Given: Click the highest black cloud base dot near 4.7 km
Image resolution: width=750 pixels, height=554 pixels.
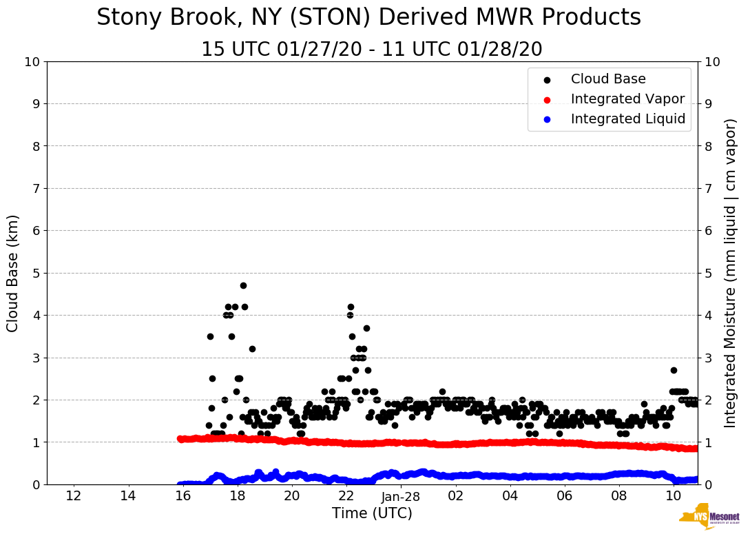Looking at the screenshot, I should tap(243, 285).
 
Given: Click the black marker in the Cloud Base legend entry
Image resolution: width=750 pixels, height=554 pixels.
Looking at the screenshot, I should tap(547, 80).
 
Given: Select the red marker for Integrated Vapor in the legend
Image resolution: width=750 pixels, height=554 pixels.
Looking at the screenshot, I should tap(547, 99).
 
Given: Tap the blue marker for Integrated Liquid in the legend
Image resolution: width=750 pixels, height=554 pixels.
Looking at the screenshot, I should tap(547, 119).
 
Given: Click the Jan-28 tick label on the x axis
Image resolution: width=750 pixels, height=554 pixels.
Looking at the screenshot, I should tap(401, 496).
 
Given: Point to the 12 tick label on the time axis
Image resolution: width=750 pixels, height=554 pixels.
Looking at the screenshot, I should tap(74, 496).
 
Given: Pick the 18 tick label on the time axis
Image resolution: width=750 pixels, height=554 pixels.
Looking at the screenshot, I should tap(237, 496).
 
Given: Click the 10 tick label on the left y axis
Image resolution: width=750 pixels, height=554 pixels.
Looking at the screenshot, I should tap(32, 62).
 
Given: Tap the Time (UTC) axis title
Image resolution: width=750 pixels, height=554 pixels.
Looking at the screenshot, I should tap(372, 513).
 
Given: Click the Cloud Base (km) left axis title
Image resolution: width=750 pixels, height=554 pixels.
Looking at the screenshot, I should tap(13, 273).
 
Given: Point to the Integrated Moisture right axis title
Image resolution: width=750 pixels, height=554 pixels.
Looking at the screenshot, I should tap(731, 273).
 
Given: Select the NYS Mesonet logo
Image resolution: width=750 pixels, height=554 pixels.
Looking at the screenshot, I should tap(709, 519).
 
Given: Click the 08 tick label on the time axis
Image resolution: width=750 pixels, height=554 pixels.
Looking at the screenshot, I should tap(619, 496).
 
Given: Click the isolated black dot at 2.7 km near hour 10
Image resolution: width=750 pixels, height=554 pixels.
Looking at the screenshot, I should tap(674, 370).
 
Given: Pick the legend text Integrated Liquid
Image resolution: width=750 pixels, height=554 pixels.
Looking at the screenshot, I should tap(628, 119).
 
